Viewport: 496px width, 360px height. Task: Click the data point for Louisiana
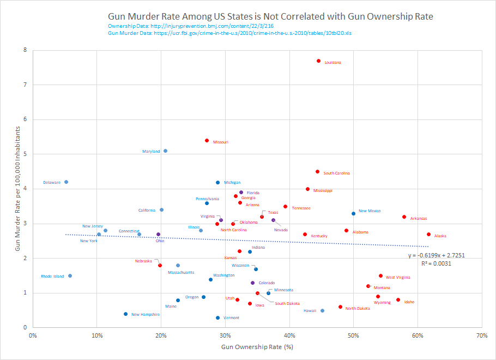click(x=319, y=61)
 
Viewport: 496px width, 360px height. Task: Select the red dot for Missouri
click(x=207, y=140)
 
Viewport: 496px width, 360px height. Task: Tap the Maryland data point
click(x=166, y=151)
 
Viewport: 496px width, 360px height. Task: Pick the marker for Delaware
click(x=66, y=182)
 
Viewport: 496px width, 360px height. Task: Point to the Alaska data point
click(x=429, y=235)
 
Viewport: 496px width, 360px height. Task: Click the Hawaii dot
click(x=323, y=311)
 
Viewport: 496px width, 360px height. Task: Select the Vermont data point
click(x=218, y=317)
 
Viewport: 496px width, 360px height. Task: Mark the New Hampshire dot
click(x=126, y=314)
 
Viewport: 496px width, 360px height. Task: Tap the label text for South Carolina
click(x=337, y=173)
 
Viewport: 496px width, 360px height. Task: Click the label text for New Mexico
click(x=370, y=211)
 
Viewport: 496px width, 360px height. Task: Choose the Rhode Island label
click(x=52, y=277)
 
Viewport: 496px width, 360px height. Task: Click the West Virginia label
click(x=398, y=278)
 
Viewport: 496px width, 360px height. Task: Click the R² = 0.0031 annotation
click(x=435, y=263)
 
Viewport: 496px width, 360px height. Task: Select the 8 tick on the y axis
click(x=25, y=50)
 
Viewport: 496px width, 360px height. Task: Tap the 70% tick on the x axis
click(x=481, y=335)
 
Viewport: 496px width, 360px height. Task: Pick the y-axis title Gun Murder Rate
click(x=17, y=188)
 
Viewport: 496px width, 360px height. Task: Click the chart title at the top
click(x=270, y=16)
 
